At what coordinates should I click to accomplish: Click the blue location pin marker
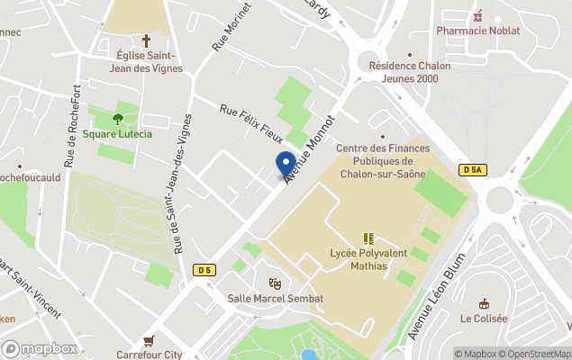[x=286, y=165]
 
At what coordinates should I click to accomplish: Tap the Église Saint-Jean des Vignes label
[x=147, y=61]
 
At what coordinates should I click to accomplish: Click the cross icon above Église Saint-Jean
[x=147, y=40]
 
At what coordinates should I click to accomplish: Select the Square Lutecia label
[x=117, y=134]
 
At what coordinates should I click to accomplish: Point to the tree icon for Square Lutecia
[x=117, y=118]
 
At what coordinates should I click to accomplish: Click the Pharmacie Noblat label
[x=477, y=30]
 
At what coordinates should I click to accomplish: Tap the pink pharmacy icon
[x=477, y=15]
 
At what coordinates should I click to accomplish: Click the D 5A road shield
[x=472, y=170]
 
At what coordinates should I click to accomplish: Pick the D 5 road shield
[x=204, y=269]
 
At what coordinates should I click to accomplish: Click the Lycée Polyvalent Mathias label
[x=368, y=259]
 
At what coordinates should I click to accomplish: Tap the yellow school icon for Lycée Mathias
[x=368, y=238]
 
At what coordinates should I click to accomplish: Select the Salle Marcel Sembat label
[x=275, y=298]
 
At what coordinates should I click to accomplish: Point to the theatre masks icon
[x=275, y=283]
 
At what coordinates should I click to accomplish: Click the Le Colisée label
[x=484, y=319]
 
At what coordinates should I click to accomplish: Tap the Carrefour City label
[x=150, y=355]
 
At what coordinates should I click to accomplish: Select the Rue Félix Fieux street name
[x=252, y=124]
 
